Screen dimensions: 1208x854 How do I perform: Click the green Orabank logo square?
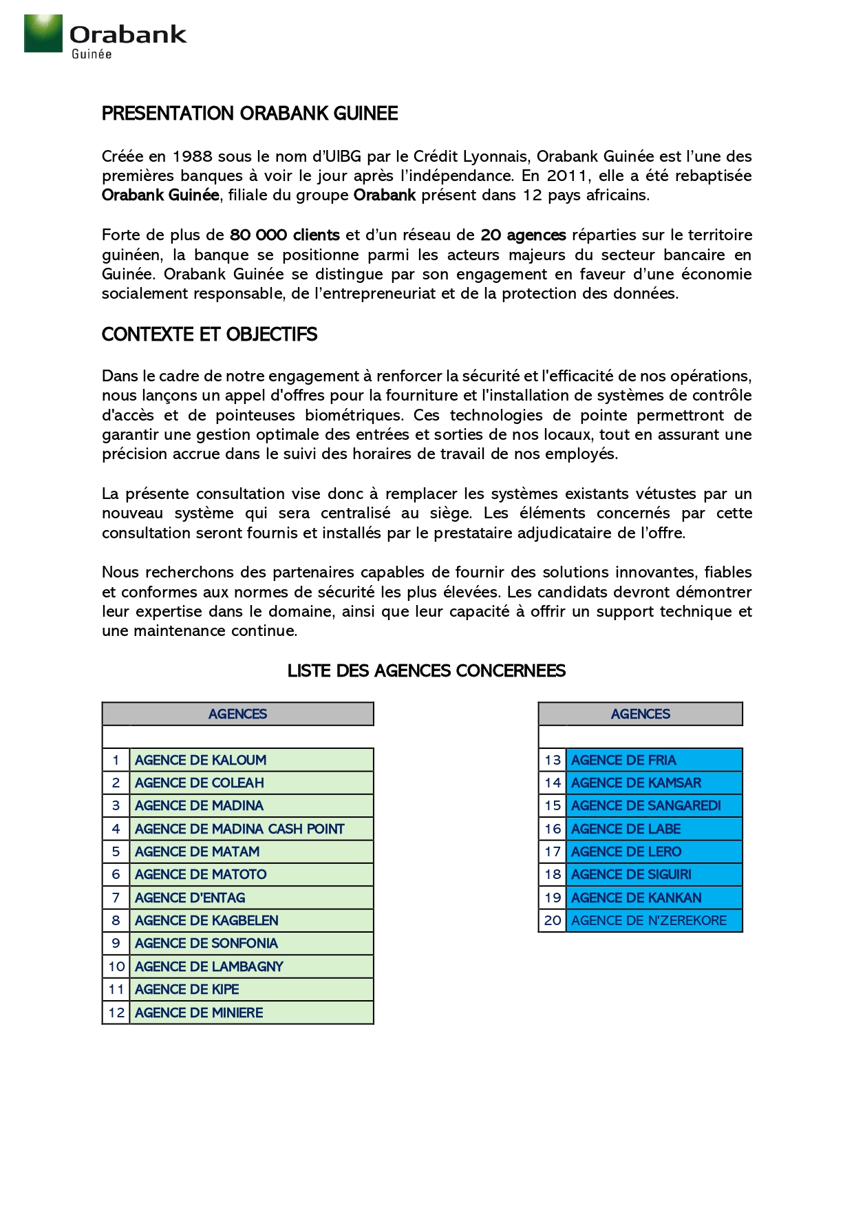(43, 33)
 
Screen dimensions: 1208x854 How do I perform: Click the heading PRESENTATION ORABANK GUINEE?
(249, 114)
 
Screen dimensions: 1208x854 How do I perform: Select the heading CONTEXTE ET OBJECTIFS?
(209, 335)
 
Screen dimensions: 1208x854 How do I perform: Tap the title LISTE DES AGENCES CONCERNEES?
(426, 671)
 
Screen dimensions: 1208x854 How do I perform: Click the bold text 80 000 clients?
(284, 235)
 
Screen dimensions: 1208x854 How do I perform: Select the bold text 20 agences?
(523, 235)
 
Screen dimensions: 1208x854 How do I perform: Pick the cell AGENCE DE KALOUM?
(200, 761)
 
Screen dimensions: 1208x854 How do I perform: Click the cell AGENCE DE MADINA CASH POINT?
(239, 829)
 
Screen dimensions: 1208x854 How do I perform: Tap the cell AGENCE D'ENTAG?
(190, 898)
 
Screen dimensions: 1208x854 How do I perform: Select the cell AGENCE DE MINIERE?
(199, 1013)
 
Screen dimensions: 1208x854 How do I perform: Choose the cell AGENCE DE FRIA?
(623, 761)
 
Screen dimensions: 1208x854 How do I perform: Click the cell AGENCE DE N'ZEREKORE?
(648, 921)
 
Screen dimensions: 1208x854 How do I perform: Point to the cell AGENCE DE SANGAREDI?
(645, 806)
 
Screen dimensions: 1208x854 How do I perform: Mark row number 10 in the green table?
(116, 967)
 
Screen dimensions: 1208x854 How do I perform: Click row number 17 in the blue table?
(553, 852)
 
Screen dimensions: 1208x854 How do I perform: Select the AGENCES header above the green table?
(237, 714)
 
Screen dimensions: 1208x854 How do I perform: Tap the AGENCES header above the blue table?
(640, 714)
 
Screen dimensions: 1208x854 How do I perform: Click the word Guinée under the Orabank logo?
(92, 54)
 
